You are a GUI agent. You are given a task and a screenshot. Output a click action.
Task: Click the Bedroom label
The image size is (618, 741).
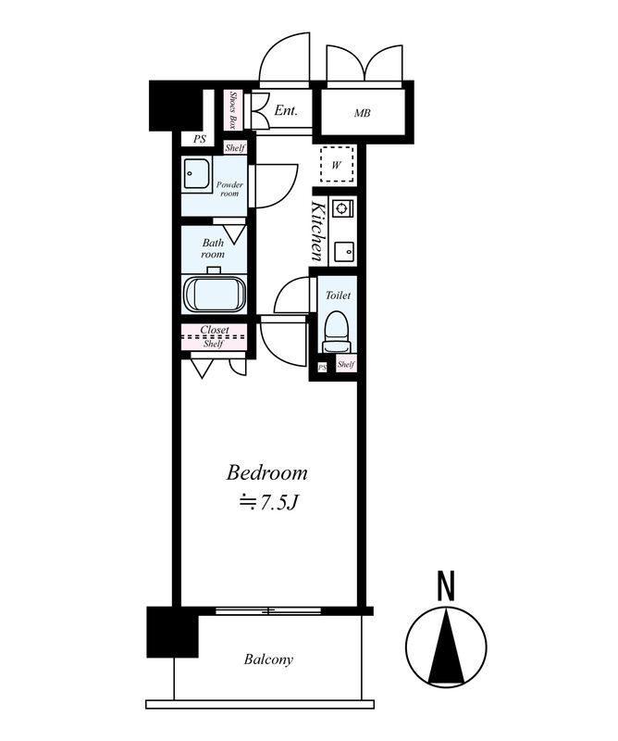[x=266, y=473]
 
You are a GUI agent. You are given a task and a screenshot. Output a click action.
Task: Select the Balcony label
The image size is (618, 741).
[x=268, y=659]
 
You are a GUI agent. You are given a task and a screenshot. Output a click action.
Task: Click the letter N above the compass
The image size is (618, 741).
[x=446, y=586]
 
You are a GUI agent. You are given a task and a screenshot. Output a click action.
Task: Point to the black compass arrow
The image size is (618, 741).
[x=446, y=646]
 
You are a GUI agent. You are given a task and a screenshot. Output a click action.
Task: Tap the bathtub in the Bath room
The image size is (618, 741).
[x=215, y=294]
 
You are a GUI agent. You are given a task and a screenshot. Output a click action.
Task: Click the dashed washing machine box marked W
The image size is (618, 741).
[x=337, y=165]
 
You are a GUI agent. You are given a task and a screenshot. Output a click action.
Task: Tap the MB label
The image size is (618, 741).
[x=363, y=113]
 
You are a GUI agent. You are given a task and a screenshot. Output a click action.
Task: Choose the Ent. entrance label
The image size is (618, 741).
[x=286, y=110]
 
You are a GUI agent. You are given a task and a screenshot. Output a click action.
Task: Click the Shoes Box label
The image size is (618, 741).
[x=232, y=109]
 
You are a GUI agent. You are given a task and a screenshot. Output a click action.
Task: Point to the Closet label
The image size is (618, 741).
[x=215, y=330]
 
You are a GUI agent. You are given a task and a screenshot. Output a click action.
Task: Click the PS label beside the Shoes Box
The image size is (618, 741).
[x=200, y=140]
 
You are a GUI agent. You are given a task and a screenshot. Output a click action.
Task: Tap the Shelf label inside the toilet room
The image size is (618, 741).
[x=346, y=365]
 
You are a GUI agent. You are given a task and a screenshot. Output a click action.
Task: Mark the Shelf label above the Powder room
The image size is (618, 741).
[x=235, y=148]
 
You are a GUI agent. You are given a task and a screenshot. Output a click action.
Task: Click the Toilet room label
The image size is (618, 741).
[x=338, y=295]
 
